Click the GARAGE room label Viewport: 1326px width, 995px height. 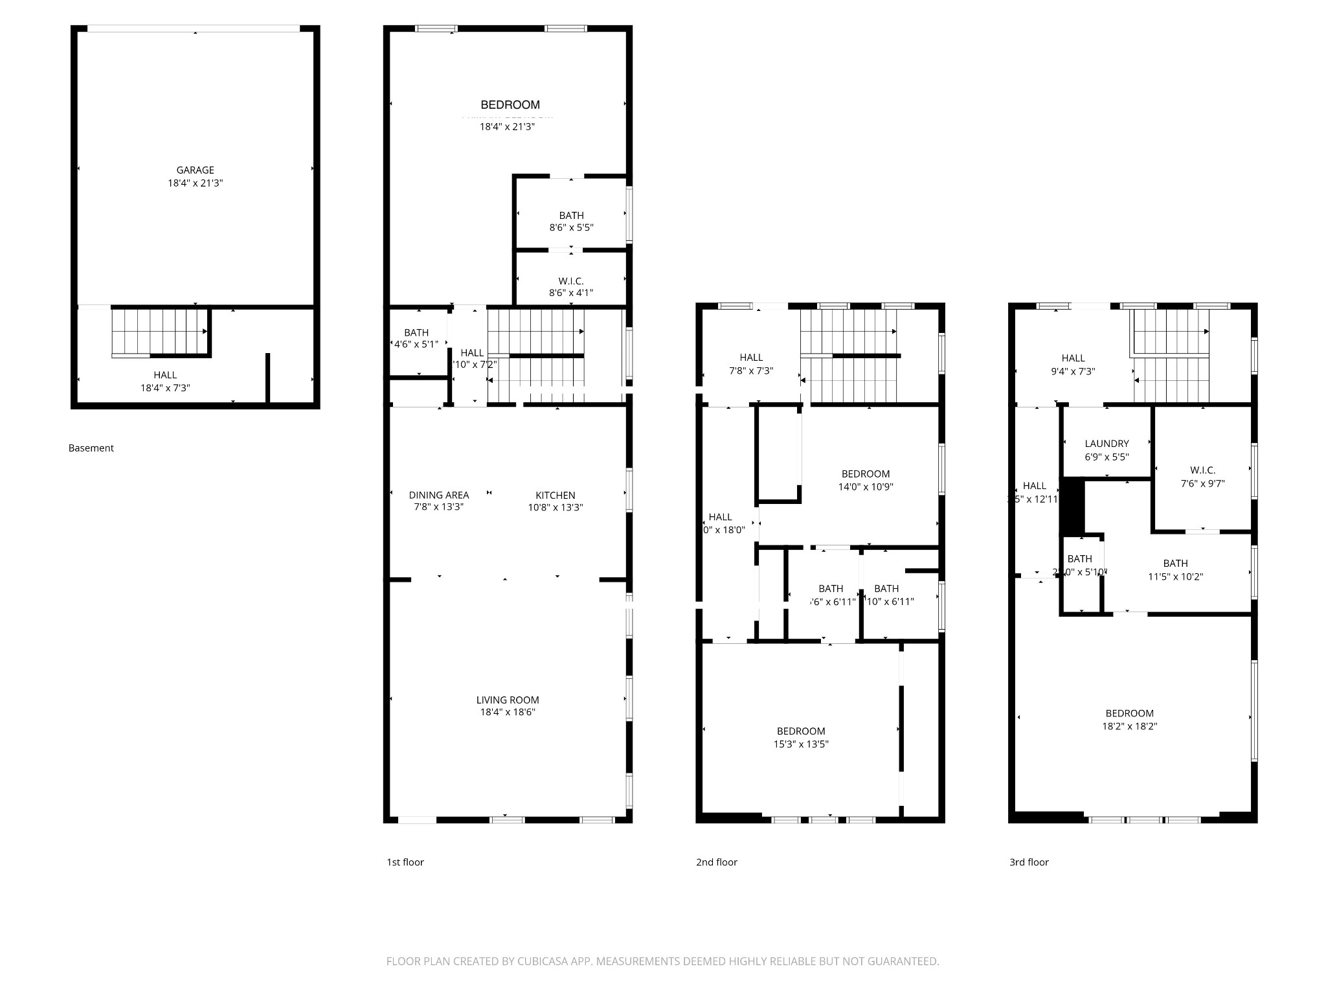pos(195,170)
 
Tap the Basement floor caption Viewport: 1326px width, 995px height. pos(91,448)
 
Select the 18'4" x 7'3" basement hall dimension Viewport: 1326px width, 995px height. pos(165,388)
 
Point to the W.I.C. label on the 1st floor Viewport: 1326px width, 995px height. pos(570,281)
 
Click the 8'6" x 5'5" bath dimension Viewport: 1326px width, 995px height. pos(571,227)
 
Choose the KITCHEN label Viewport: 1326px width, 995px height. pos(555,496)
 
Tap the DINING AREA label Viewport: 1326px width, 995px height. pos(438,496)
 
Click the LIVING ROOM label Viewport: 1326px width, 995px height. pos(507,700)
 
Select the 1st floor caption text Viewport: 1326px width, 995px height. pos(405,862)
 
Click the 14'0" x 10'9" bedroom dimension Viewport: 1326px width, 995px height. pos(866,486)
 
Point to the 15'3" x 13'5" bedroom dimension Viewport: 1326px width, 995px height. pos(801,744)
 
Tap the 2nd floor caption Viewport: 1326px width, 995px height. pos(716,862)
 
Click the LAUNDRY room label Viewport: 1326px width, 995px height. pos(1107,444)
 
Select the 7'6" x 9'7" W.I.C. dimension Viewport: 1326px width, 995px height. pos(1202,483)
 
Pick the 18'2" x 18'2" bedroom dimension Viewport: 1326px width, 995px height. pos(1129,726)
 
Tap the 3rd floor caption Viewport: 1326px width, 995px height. pos(1028,862)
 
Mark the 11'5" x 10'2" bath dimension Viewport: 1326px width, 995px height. pos(1175,577)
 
